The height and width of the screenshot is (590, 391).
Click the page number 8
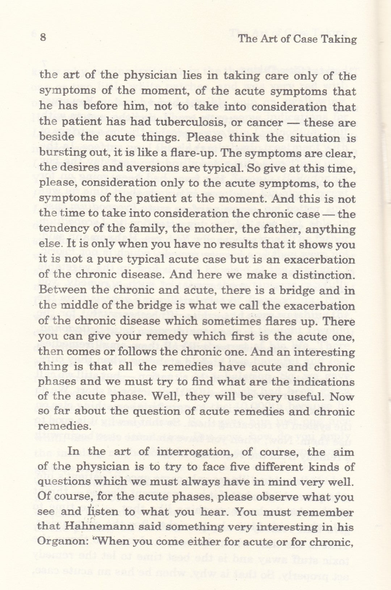(43, 37)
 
